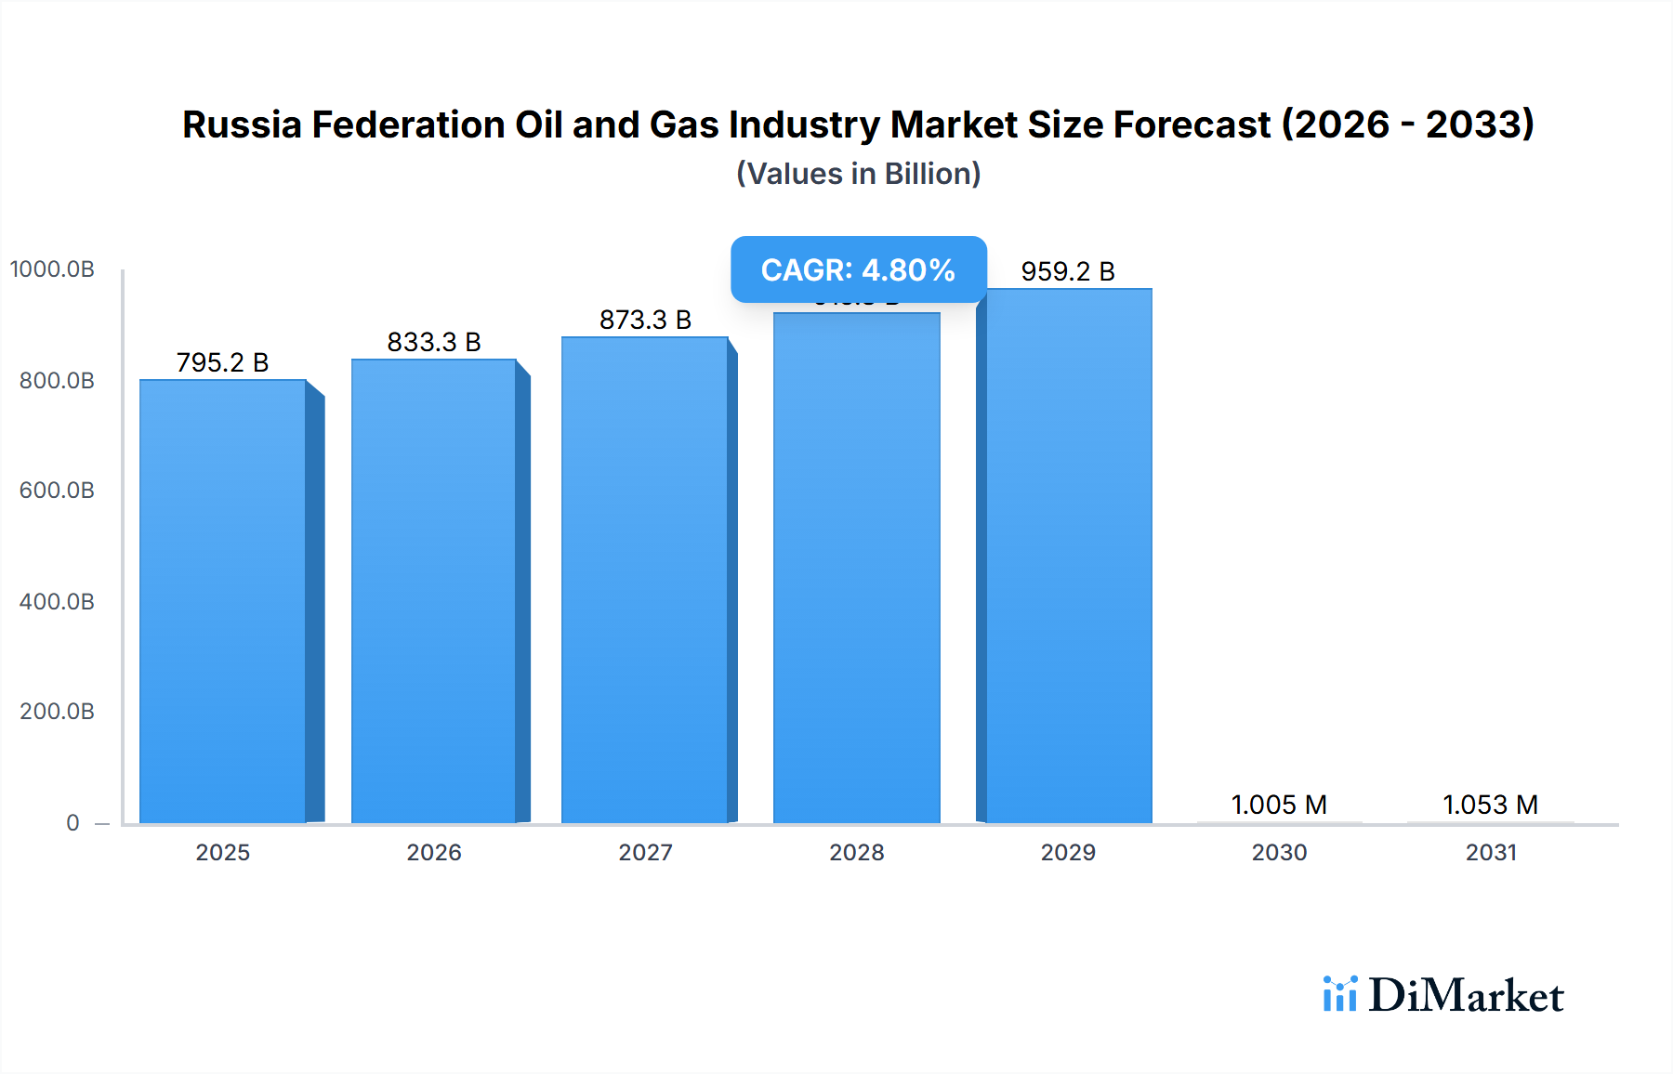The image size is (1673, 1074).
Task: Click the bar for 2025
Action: [x=223, y=601]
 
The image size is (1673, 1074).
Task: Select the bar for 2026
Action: [x=434, y=591]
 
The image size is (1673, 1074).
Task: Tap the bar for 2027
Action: [x=645, y=580]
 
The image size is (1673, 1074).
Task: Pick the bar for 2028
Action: [x=856, y=568]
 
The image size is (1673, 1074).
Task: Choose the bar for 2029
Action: [x=1068, y=556]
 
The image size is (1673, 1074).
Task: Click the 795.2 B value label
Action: [x=223, y=362]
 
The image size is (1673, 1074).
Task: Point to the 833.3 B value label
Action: [x=434, y=342]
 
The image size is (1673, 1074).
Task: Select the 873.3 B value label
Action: [x=645, y=320]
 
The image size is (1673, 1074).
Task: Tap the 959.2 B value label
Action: [x=1068, y=271]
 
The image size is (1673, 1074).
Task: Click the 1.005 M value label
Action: [x=1279, y=805]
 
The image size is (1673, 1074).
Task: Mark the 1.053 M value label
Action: [x=1490, y=805]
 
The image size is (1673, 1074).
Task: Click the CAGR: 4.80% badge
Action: [x=858, y=269]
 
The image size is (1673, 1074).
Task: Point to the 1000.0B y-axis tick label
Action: [x=52, y=269]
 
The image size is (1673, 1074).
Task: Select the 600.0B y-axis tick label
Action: [x=57, y=491]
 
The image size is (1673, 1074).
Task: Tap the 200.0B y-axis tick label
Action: [x=57, y=712]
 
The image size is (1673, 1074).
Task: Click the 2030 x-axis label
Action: [x=1279, y=852]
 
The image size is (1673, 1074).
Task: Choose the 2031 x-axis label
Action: [x=1491, y=852]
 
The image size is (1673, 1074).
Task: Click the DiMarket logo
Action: [x=1443, y=995]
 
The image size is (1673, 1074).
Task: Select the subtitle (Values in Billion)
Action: [x=858, y=174]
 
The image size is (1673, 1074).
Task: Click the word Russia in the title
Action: [x=242, y=124]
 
